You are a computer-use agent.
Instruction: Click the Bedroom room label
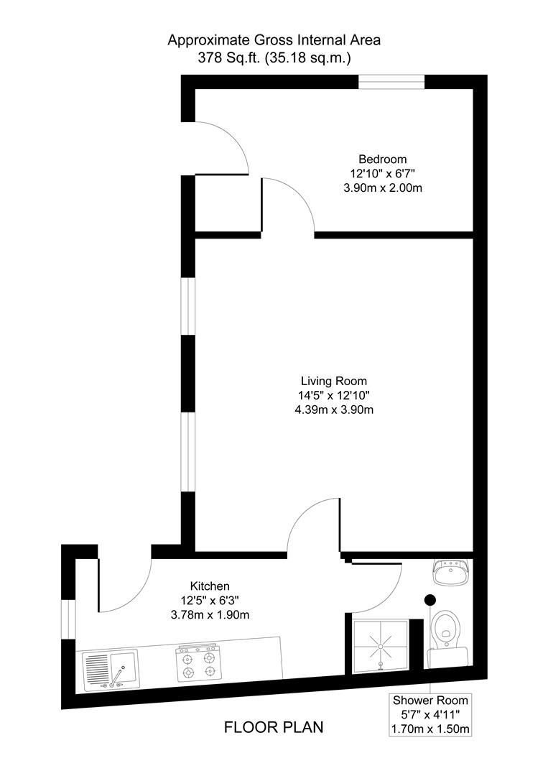382,159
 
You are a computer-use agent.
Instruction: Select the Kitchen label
210,586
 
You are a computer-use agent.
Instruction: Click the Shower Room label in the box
430,700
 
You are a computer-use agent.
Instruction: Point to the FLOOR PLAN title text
274,727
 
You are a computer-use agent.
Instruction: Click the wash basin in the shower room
451,572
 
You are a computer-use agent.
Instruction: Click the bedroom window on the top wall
391,82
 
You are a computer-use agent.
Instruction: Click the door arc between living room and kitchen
310,522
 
